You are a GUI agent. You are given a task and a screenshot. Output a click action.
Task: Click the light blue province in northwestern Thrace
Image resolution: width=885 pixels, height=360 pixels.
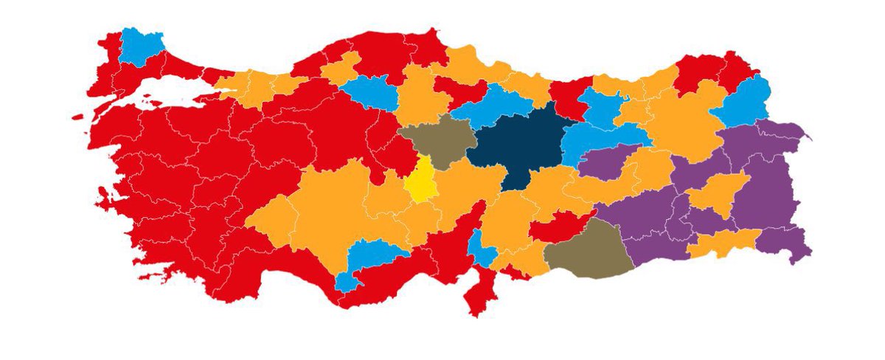pyautogui.click(x=141, y=46)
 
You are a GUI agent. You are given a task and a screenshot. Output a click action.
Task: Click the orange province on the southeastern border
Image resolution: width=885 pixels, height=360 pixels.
pyautogui.click(x=723, y=243)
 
